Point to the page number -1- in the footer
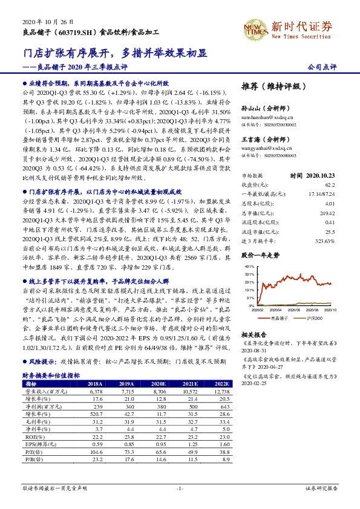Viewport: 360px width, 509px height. [180, 488]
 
